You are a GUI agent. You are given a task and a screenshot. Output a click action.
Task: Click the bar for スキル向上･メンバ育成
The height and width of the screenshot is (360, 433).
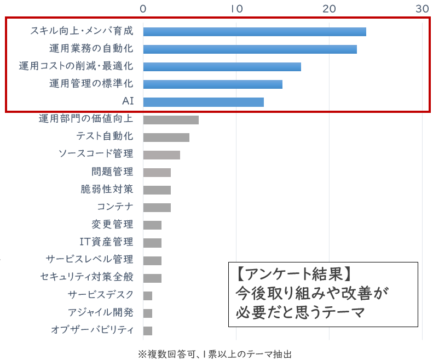coord(255,32)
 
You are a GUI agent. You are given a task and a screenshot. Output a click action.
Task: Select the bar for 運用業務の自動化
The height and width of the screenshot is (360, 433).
coord(250,49)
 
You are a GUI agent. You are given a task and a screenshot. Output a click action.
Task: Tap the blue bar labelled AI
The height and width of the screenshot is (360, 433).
coord(203,102)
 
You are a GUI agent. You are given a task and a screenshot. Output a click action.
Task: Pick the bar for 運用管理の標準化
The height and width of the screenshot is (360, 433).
coord(212,84)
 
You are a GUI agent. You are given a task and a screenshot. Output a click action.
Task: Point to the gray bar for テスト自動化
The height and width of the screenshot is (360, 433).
coord(166,137)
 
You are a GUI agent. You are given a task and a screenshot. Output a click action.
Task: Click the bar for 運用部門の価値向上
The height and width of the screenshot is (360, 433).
coord(171,119)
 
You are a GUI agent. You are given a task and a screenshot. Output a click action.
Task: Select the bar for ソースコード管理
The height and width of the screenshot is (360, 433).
coord(161,155)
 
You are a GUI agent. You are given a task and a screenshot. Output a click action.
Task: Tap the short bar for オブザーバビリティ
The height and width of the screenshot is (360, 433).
coord(148,330)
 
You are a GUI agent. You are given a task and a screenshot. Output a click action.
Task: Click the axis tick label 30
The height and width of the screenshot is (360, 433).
coord(422,8)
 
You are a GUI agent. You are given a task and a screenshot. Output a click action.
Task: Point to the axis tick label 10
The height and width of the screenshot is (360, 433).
coord(236,8)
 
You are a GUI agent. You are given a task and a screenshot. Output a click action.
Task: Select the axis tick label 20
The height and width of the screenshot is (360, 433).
coord(329,8)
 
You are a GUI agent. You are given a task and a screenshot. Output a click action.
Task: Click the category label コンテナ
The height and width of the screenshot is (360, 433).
coord(115,207)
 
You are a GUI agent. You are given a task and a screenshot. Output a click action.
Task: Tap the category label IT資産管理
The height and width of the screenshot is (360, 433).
coord(106,242)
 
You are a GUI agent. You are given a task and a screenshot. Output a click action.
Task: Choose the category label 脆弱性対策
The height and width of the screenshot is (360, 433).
coord(106,190)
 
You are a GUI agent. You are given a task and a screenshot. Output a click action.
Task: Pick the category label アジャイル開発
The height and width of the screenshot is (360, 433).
coord(101,312)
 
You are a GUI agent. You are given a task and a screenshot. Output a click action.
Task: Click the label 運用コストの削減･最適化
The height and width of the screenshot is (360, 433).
coord(76,67)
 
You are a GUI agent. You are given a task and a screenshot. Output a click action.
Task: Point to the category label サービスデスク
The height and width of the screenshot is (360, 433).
coord(101,295)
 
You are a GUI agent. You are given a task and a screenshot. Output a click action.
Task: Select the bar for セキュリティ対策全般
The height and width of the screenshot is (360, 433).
coord(152,278)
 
